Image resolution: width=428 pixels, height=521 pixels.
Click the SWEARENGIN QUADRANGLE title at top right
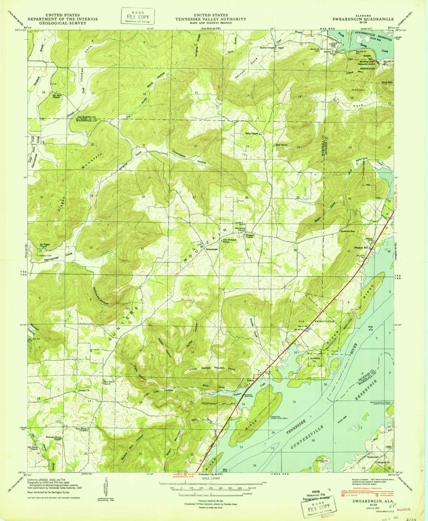(363, 19)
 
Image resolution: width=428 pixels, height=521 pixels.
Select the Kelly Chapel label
(251, 134)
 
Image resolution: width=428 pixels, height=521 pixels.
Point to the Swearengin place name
(212, 250)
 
